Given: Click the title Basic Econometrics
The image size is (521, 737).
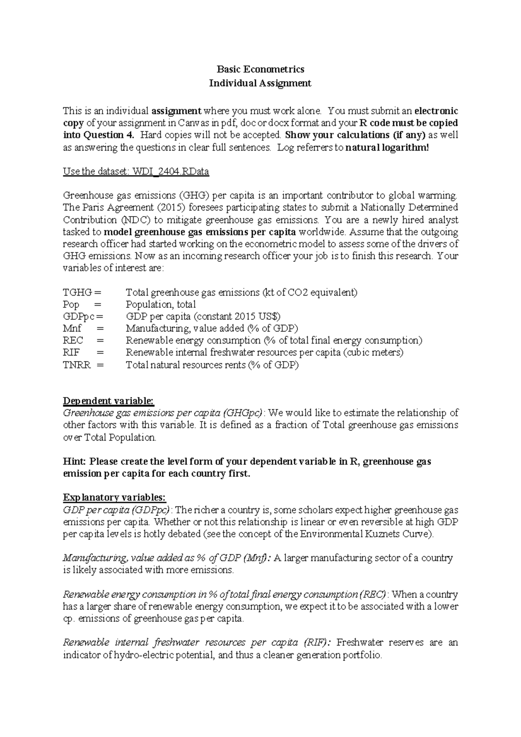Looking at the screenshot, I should tap(260, 69).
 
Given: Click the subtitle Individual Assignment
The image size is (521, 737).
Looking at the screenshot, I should tap(260, 83).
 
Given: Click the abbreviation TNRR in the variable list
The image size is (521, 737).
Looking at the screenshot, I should tap(77, 365).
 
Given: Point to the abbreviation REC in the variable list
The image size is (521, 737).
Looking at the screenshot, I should tap(73, 341).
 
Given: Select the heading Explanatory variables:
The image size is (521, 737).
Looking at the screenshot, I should tap(115, 497).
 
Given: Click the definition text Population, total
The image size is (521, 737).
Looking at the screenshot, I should tap(161, 305).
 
